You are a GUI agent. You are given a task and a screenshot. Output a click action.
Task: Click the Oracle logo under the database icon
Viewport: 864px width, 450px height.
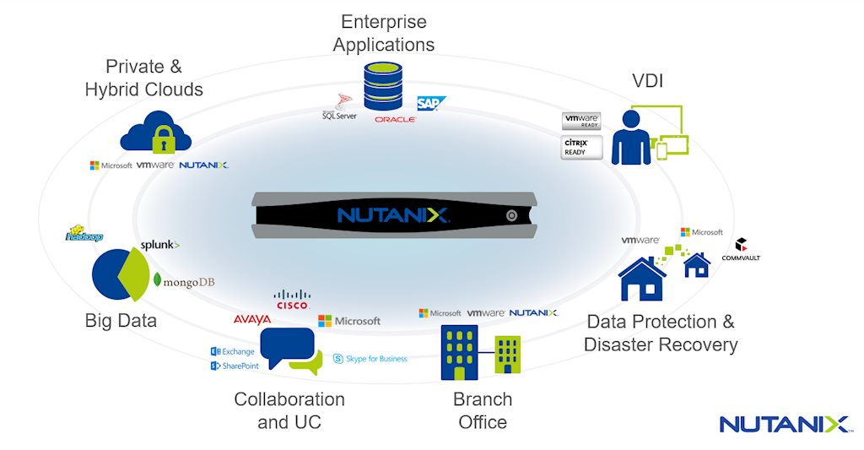[x=395, y=120]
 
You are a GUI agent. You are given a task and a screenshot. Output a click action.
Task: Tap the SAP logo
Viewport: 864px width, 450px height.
[x=431, y=104]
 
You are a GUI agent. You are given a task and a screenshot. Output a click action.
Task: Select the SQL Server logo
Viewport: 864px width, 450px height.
[x=339, y=110]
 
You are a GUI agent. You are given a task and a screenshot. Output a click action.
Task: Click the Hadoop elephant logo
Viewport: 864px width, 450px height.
[x=84, y=236]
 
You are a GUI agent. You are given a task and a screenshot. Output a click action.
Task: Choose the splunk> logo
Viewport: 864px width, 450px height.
[x=159, y=245]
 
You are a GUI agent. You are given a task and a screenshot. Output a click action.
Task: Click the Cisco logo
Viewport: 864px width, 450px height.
[x=292, y=300]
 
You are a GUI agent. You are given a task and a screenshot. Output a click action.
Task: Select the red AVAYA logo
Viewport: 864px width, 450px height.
[x=252, y=320]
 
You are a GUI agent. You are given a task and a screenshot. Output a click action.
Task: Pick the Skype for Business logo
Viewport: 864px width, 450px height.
[x=370, y=359]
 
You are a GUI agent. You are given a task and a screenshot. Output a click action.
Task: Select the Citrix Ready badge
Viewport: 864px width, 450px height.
[x=580, y=148]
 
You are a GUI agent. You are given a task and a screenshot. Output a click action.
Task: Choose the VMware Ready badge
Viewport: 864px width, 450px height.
[x=580, y=122]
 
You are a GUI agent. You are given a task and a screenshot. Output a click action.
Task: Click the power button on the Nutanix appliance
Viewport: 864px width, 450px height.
[x=511, y=215]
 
